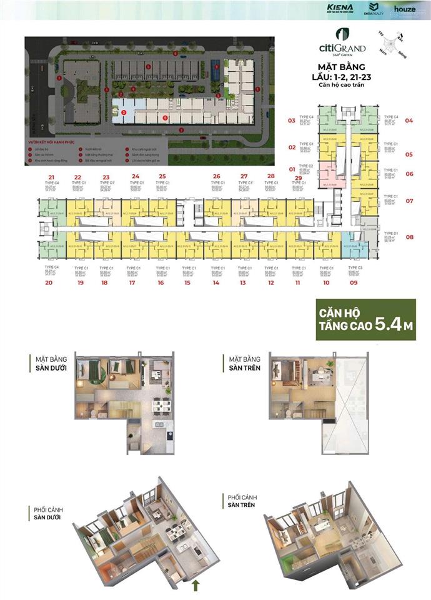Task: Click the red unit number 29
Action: click(298, 177)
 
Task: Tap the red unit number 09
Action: click(354, 282)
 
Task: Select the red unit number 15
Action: click(187, 282)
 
